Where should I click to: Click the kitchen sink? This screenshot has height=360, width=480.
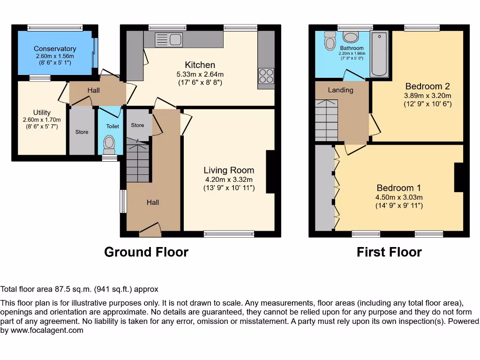click(x=169, y=39)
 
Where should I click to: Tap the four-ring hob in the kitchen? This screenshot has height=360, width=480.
click(x=266, y=76)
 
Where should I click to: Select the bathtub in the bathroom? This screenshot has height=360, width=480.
click(x=379, y=53)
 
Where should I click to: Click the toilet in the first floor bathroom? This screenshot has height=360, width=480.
click(x=330, y=41)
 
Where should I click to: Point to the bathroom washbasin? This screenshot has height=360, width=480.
click(x=351, y=37)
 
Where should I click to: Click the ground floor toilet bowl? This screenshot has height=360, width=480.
click(x=109, y=145)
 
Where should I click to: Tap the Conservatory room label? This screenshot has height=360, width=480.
click(x=55, y=49)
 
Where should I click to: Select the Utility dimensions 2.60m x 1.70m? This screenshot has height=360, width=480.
click(x=42, y=120)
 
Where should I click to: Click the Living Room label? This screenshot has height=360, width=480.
click(x=229, y=170)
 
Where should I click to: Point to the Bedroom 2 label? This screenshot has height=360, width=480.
click(x=427, y=86)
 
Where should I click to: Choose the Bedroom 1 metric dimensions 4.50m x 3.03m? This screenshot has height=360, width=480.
click(x=399, y=197)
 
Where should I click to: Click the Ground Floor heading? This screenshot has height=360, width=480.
click(x=146, y=252)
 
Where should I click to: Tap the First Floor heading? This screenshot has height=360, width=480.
click(x=389, y=252)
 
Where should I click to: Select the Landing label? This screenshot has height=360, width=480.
click(x=340, y=90)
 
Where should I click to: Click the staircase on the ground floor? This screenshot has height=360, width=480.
click(x=138, y=160)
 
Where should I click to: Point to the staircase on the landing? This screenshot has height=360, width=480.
click(x=327, y=120)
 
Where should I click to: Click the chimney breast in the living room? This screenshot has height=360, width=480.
click(x=270, y=172)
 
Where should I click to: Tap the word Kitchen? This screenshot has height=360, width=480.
click(x=200, y=65)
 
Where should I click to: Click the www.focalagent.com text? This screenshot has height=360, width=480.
click(x=47, y=330)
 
